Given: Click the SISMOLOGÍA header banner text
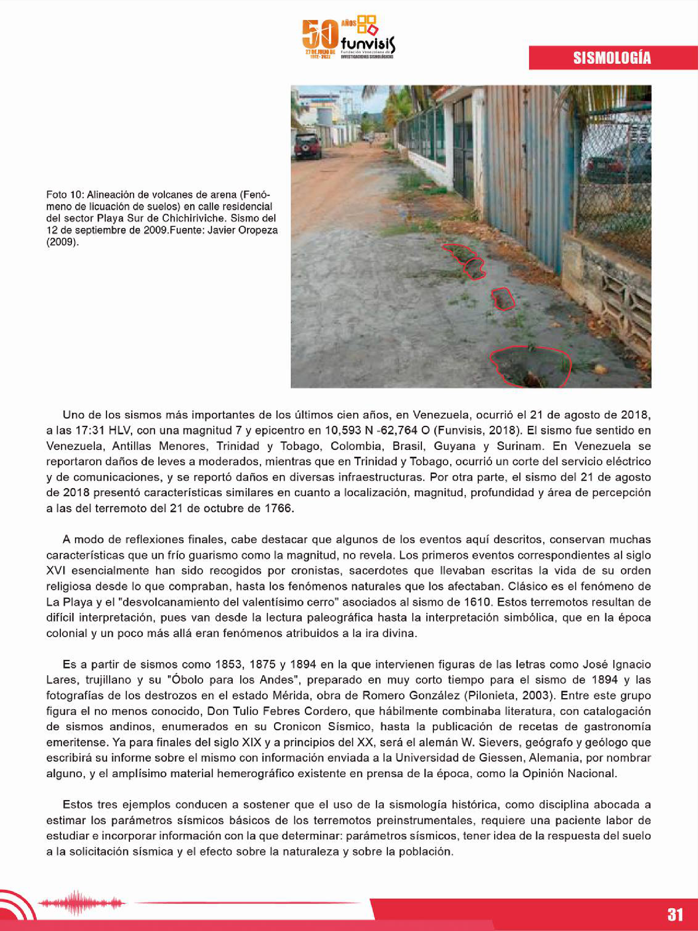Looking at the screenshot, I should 612,58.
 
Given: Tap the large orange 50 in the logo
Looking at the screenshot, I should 320,35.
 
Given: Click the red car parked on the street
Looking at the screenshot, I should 307,145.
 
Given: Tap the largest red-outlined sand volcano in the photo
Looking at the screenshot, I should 530,365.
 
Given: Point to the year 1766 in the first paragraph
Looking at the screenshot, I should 278,508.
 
